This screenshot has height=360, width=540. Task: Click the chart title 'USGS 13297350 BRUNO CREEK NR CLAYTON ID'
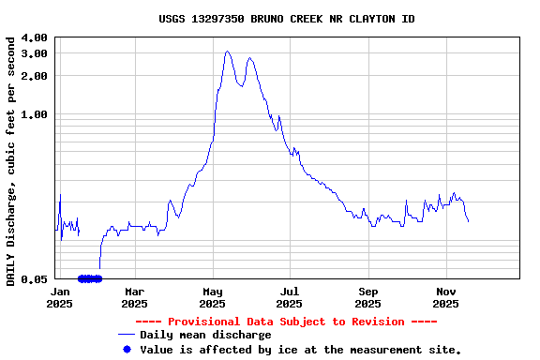point(286,19)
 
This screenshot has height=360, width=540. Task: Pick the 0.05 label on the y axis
point(35,279)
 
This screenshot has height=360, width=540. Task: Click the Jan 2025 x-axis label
point(59,297)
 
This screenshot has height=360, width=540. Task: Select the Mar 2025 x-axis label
point(134,297)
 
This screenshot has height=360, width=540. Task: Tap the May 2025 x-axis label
point(213,297)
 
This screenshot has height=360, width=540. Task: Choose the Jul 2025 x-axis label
point(291,297)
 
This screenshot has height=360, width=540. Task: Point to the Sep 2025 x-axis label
point(368,297)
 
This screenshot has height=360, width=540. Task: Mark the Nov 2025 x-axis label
point(446,297)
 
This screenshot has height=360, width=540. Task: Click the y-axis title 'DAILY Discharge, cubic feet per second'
point(11,161)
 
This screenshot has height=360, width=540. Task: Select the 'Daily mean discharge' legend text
point(205,335)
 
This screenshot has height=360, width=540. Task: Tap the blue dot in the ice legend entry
point(127,349)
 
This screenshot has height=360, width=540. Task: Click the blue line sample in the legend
point(127,335)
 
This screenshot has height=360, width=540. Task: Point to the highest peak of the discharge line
point(227,52)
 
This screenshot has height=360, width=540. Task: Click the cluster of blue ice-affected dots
point(90,278)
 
